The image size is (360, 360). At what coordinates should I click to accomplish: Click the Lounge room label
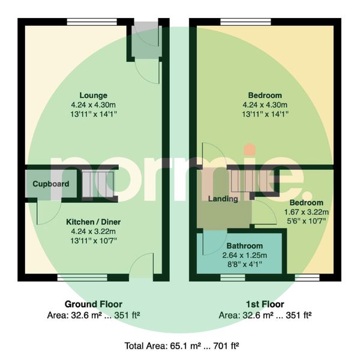coord(93,95)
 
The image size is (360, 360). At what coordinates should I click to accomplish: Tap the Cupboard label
coord(51,184)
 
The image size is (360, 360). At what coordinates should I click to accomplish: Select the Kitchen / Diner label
coord(93,222)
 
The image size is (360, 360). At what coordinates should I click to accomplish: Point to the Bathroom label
coord(245,246)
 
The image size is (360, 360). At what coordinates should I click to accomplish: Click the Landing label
coord(223,199)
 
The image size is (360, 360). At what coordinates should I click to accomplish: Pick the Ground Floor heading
coord(93,304)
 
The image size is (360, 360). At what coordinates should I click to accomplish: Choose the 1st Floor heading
coord(265,304)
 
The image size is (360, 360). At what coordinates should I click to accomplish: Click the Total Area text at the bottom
coord(182,346)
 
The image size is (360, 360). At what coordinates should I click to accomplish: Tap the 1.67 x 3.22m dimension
coord(307,212)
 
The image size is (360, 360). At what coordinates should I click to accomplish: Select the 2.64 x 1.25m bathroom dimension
coord(245,256)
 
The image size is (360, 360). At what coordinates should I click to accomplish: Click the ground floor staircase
coord(98,184)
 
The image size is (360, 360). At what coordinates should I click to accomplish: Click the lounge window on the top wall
coord(92,22)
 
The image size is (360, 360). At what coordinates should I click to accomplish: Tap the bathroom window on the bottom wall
coord(233,278)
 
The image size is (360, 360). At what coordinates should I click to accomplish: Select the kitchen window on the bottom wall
coord(82,278)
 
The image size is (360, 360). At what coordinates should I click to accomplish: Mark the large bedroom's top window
coord(245,22)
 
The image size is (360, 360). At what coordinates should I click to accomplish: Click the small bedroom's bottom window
coord(307,278)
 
